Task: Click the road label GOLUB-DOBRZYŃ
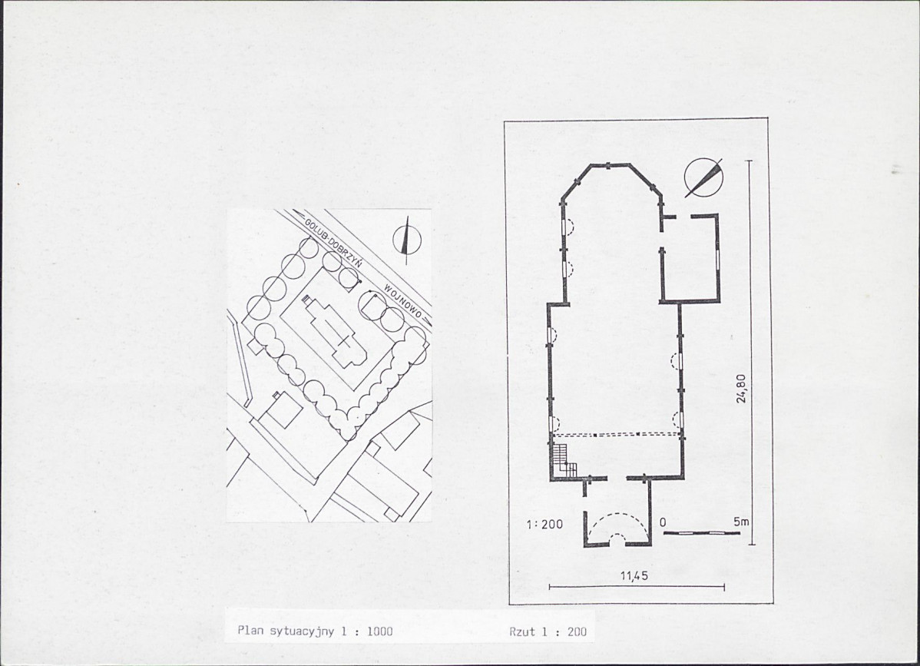[333, 245]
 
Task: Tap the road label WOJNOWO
[403, 300]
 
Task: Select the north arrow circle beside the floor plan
[703, 177]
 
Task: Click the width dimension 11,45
[634, 575]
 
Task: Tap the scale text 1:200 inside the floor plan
[544, 524]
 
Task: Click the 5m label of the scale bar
[741, 521]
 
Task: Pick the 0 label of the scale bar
[663, 522]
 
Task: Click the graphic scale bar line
[701, 533]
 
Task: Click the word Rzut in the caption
[522, 631]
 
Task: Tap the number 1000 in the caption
[379, 631]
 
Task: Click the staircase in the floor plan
[563, 459]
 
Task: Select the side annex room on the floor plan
[690, 258]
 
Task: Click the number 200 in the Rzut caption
[577, 631]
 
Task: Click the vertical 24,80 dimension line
[751, 352]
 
